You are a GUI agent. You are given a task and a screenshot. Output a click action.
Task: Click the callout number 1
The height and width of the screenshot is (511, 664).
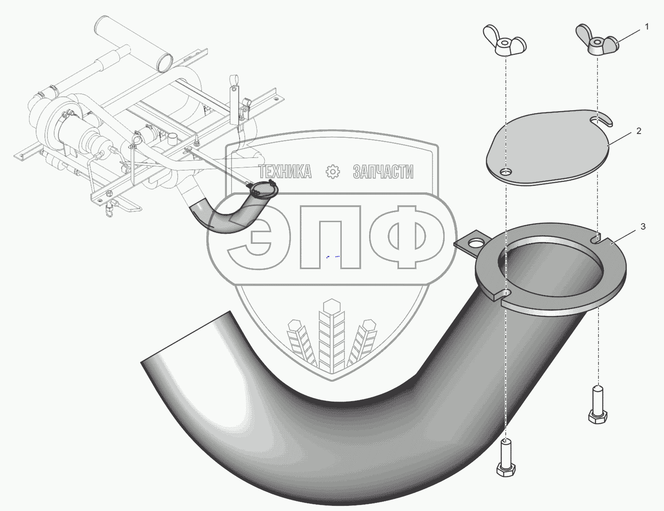point(647,27)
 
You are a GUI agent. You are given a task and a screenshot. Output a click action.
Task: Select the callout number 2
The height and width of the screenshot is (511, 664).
point(639,131)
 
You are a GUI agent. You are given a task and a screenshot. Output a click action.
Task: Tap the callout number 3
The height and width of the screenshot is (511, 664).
point(643,227)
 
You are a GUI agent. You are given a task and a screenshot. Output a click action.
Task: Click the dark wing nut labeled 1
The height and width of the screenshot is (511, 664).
point(597,41)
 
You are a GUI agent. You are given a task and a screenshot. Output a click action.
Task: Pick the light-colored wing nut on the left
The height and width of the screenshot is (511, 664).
point(505,41)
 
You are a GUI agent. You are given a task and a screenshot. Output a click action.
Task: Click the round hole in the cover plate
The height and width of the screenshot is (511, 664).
point(506,172)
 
